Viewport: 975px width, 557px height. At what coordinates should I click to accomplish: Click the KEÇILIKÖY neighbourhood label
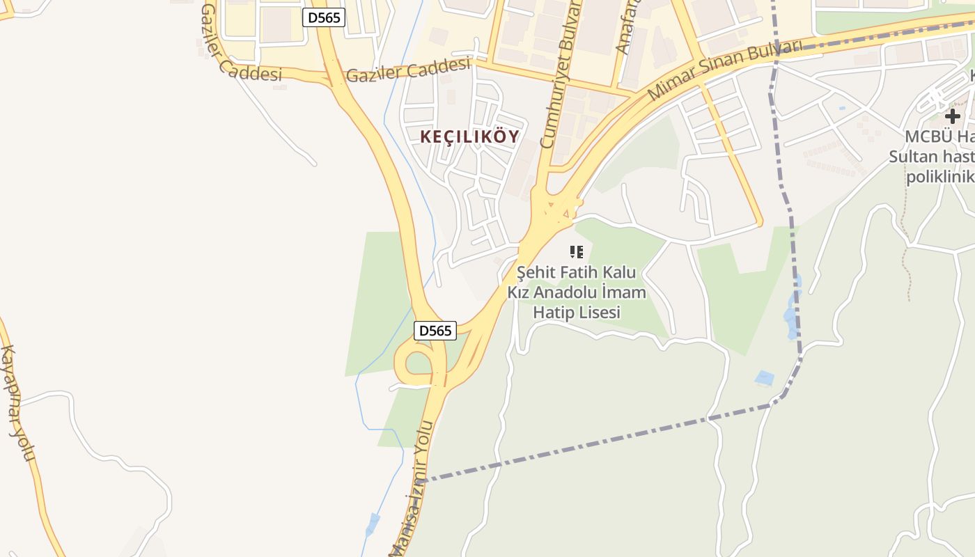[469, 136]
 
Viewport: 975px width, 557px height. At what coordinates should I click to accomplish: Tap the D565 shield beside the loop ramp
[435, 331]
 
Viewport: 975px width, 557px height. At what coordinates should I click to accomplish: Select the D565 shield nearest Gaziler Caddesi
[324, 17]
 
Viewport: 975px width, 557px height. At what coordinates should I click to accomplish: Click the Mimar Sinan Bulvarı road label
[724, 70]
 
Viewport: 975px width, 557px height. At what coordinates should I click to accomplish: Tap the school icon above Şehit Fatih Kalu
[576, 251]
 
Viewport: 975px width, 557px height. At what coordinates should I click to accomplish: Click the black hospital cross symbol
[952, 116]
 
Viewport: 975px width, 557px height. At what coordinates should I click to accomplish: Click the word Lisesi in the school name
[597, 312]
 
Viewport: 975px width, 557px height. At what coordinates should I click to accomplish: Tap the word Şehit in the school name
[536, 272]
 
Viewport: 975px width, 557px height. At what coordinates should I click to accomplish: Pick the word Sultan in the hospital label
[914, 157]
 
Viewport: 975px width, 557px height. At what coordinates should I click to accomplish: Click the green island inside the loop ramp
[419, 363]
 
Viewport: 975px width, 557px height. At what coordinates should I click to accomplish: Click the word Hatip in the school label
[553, 312]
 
